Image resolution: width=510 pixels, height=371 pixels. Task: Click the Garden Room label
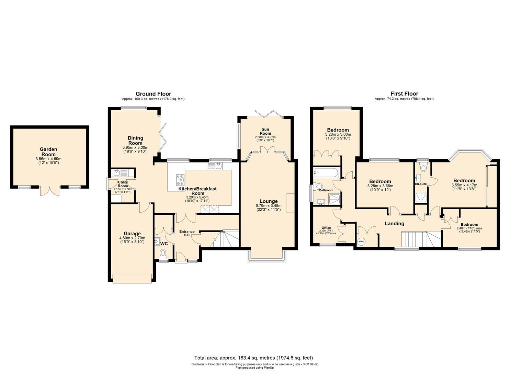pos(48,152)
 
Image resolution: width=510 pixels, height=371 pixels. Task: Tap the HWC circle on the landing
pos(361,241)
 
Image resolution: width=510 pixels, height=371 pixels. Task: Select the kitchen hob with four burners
pos(180,180)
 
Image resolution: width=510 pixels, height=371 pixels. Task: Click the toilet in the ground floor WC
pos(163,253)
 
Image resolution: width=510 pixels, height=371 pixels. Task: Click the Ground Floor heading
pos(153,94)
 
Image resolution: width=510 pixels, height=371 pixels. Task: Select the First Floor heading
pos(404,94)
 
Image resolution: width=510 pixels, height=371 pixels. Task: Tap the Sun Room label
pos(265,131)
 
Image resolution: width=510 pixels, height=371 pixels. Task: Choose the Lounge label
pos(269,201)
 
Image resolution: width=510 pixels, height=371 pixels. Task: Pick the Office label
pos(326,228)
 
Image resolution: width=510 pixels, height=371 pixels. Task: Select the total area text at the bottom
pos(253,358)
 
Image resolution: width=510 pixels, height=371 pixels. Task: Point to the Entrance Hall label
pos(187,233)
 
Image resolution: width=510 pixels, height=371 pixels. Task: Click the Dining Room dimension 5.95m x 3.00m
pos(135,148)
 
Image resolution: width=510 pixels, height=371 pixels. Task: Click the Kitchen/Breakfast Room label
pos(197,191)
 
